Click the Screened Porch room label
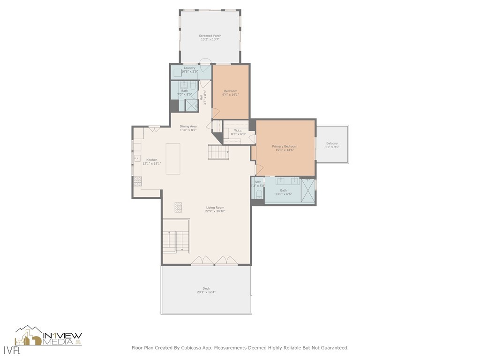click(210, 36)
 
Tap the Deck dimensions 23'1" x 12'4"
click(206, 292)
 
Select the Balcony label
click(332, 143)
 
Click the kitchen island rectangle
click(173, 159)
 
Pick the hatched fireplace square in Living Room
click(178, 207)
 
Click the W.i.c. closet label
click(238, 130)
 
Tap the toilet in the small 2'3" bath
click(259, 194)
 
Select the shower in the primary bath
click(307, 190)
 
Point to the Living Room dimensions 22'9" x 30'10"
click(215, 211)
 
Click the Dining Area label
click(188, 126)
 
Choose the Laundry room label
click(189, 68)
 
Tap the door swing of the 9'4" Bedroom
click(216, 113)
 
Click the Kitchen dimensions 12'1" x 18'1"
click(152, 164)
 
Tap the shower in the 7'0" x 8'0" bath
click(191, 105)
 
